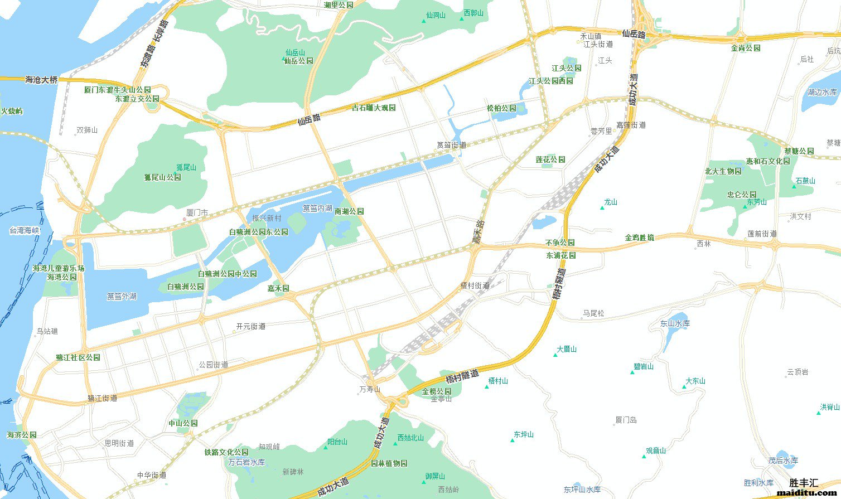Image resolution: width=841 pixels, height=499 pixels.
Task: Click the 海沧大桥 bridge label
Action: point(41,80)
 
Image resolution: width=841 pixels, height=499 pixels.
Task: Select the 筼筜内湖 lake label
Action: point(317,208)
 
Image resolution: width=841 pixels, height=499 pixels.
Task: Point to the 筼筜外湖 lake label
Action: point(122,296)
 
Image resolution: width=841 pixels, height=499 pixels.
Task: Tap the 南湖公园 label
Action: point(349,211)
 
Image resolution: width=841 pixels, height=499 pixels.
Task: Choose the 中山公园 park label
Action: point(183,423)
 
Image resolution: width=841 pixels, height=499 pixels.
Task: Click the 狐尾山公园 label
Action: point(162,177)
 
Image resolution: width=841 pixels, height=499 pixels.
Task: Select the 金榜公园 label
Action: point(437,391)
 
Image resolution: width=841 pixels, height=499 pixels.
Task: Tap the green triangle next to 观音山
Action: point(644,457)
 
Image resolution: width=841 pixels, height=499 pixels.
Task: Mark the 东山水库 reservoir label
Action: point(675,323)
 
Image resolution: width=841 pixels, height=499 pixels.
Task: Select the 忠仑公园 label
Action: point(742,195)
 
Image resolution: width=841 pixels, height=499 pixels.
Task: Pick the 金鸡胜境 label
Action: point(639,238)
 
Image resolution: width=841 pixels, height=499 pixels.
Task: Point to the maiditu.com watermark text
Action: point(807,492)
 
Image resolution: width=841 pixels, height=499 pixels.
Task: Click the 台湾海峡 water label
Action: point(25,230)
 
